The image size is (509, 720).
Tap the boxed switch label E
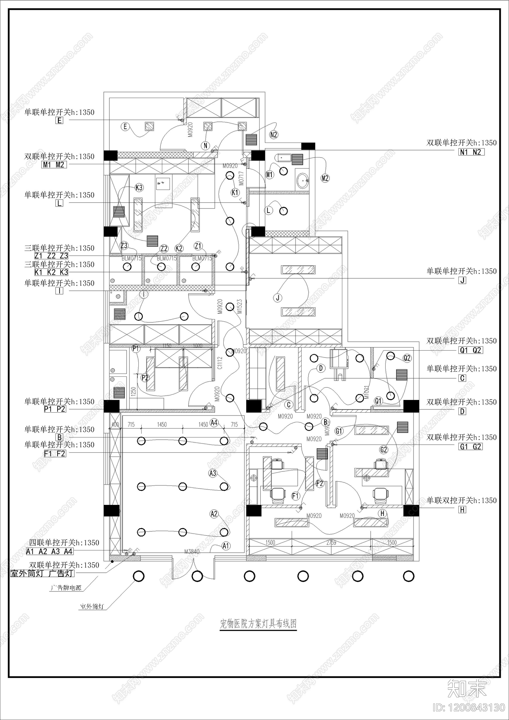(59, 121)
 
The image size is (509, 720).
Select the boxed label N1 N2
(471, 152)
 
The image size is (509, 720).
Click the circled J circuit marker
(278, 298)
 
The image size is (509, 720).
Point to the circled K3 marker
(139, 188)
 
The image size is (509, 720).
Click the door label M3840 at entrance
(192, 551)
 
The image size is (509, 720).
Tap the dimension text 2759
(331, 542)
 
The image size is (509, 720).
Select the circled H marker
(382, 514)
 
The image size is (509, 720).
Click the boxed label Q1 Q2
(471, 350)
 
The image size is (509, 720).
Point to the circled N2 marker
(274, 135)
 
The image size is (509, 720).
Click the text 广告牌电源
(66, 588)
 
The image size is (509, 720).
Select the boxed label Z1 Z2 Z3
(51, 256)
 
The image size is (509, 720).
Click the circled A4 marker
(214, 423)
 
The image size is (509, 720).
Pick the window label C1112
(220, 363)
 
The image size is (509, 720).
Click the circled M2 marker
(325, 178)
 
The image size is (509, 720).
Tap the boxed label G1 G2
(471, 447)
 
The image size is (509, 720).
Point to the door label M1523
(240, 306)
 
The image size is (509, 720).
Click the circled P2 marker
(145, 378)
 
